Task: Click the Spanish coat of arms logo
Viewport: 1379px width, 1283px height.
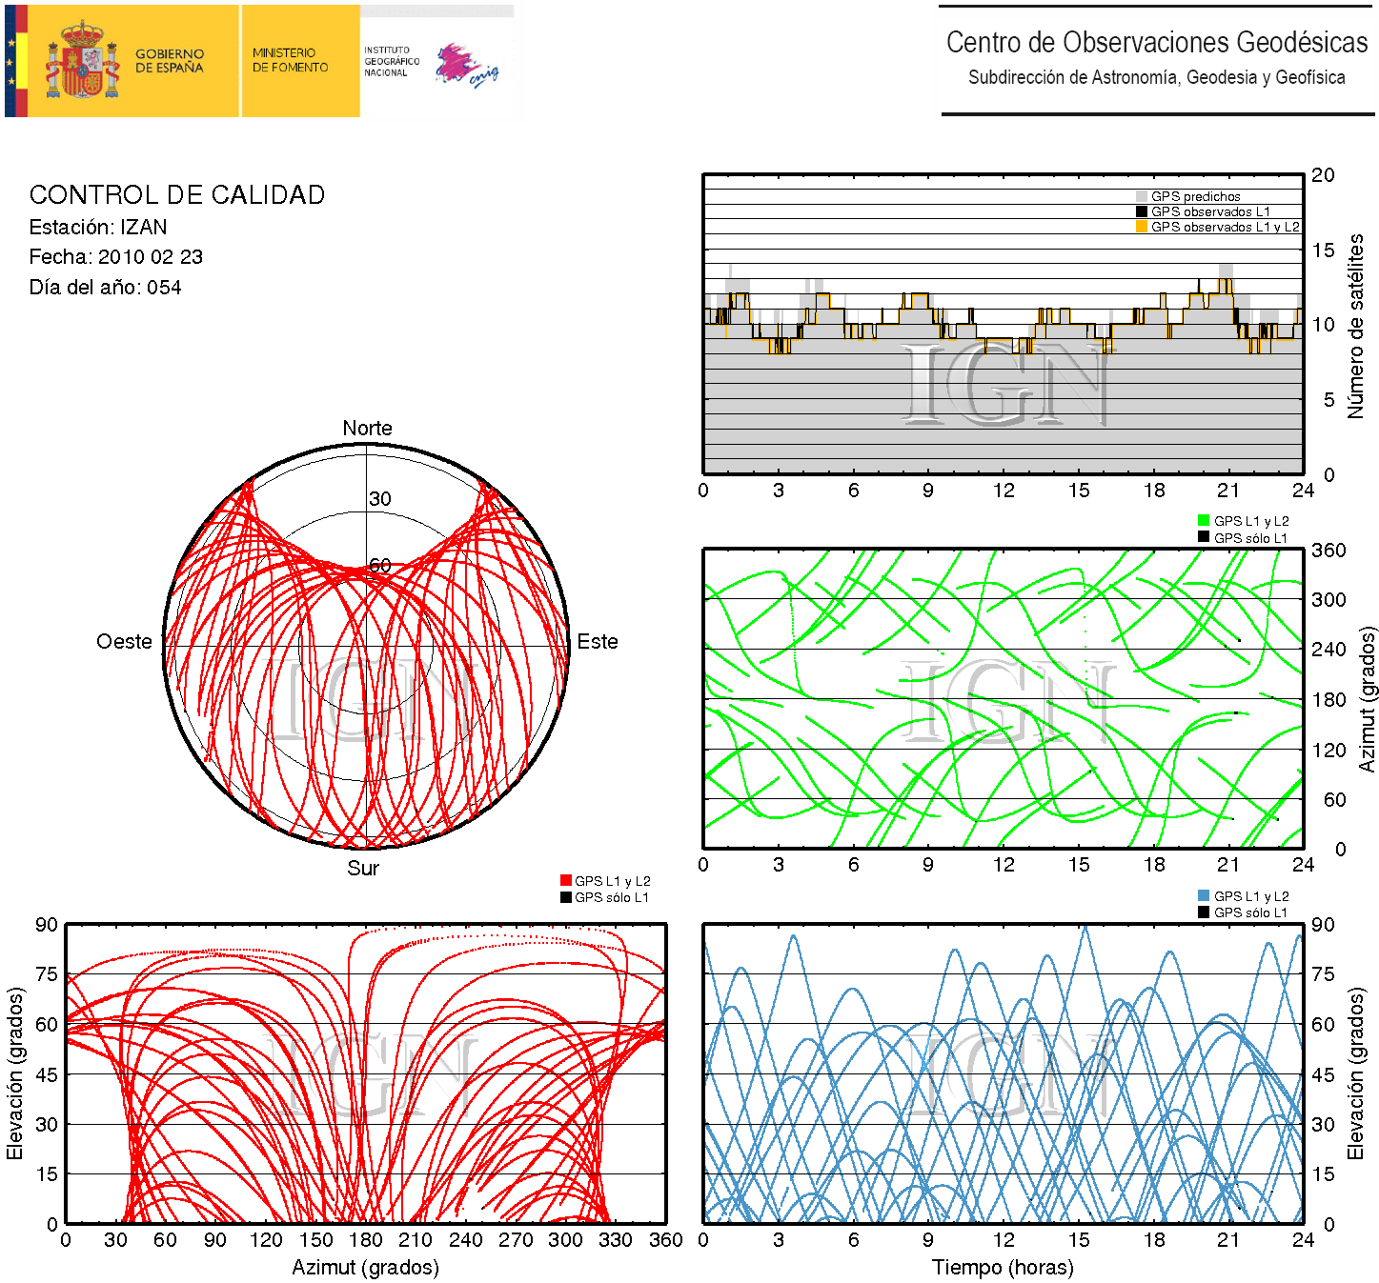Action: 83,61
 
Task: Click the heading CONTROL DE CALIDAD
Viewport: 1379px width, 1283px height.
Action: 177,195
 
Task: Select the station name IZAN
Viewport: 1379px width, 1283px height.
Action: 144,228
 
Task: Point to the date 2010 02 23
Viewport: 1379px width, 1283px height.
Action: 150,257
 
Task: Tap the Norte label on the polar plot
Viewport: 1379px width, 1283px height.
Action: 367,429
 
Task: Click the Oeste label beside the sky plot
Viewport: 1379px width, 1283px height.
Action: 124,642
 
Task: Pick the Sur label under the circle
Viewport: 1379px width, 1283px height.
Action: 363,869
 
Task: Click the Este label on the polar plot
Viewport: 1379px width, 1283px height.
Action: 598,642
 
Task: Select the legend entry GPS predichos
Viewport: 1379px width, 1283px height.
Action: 1195,196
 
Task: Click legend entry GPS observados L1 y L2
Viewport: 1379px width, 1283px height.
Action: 1225,227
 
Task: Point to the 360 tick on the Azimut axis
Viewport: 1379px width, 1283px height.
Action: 1328,551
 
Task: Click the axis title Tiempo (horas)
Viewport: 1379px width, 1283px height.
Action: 1003,1268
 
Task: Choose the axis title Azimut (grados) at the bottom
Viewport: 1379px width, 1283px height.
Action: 366,1268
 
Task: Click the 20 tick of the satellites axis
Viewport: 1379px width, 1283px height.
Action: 1323,175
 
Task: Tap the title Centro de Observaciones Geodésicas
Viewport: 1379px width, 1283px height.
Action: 1157,43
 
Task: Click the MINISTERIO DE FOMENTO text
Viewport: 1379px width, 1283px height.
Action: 290,60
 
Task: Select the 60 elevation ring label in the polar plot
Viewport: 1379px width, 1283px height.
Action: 380,565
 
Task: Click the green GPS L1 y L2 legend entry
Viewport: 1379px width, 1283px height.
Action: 1250,521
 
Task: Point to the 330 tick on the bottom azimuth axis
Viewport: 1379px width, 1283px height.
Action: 616,1240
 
